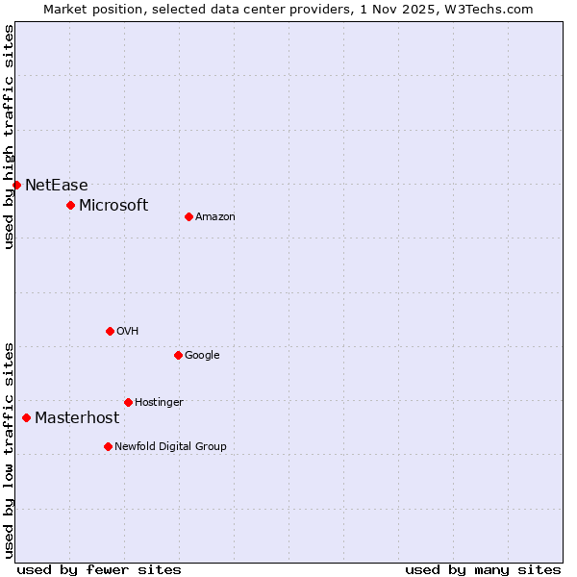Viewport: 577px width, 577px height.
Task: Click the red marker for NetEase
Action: [16, 185]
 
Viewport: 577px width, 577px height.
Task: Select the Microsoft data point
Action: [70, 205]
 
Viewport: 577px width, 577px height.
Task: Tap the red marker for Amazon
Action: [188, 216]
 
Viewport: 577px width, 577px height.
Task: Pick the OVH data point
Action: [110, 331]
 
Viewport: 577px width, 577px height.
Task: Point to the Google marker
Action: [178, 355]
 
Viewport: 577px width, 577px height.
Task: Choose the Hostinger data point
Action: [128, 402]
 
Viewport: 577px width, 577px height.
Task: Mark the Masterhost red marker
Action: [26, 417]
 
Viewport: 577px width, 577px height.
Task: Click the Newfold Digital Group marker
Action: [108, 446]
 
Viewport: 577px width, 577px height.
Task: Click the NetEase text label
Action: [56, 185]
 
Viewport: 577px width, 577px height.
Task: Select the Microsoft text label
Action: [113, 205]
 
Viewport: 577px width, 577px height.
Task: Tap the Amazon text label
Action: [214, 216]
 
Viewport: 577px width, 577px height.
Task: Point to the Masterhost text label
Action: [77, 417]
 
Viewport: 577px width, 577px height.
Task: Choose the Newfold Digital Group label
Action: [170, 446]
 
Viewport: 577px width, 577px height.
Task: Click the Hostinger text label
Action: [159, 402]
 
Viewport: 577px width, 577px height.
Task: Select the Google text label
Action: [202, 355]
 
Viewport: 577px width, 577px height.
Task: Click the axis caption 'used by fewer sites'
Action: [99, 569]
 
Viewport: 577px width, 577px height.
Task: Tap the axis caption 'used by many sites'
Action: [483, 569]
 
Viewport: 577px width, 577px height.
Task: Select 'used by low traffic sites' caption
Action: [9, 449]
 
